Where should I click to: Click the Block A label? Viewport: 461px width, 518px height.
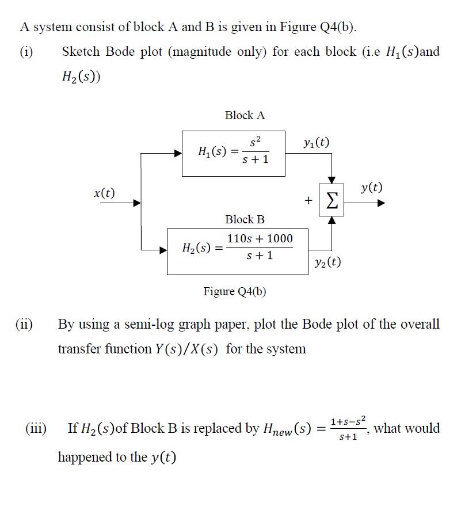245,115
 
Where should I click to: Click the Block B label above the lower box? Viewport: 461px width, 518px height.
245,219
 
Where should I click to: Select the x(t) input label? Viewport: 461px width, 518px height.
104,193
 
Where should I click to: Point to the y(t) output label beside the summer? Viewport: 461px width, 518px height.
371,188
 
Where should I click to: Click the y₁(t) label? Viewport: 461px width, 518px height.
315,142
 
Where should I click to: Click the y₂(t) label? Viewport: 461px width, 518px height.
327,262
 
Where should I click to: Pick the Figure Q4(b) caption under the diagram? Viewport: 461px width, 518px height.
235,291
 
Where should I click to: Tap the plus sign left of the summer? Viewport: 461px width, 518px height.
308,200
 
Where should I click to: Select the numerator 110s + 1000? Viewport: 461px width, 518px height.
260,238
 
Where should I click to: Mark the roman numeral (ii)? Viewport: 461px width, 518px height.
24,324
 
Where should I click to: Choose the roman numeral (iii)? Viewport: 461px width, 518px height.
36,428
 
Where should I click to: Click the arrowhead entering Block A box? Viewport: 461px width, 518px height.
178,153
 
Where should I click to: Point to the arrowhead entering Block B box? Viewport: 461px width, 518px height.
163,250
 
